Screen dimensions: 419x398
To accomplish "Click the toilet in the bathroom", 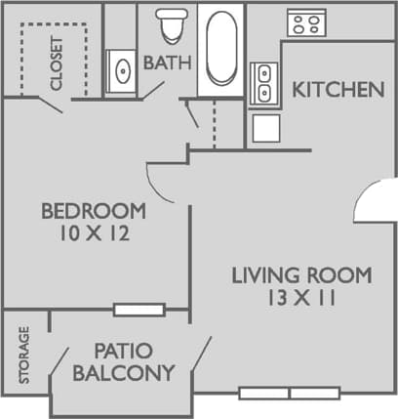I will [173, 26].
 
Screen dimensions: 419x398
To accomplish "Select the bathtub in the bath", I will [220, 49].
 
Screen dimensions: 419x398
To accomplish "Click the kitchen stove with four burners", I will [304, 22].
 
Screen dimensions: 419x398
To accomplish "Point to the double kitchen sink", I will [263, 83].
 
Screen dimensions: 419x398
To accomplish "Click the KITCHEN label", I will [338, 90].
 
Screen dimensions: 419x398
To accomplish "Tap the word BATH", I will [167, 63].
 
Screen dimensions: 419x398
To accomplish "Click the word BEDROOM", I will [94, 210].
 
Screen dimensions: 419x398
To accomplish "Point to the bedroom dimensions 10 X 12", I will [94, 233].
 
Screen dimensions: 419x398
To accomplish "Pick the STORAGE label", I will [24, 354].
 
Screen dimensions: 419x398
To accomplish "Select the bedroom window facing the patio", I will [138, 311].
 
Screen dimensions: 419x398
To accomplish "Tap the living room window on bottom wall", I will [290, 393].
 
